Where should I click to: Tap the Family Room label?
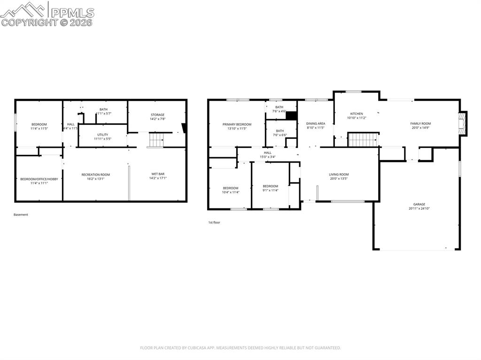420,123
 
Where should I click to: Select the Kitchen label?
357,114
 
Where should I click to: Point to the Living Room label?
339,174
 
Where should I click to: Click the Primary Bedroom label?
237,124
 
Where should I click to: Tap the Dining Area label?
316,123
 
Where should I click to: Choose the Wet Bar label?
158,174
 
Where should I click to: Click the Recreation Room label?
95,175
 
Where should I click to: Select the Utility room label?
102,135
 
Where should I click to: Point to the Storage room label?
157,115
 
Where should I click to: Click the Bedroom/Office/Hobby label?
39,179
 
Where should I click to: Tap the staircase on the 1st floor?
363,139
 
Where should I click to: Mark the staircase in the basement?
156,140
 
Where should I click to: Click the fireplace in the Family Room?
464,123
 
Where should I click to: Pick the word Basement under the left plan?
21,214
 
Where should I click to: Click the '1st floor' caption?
214,222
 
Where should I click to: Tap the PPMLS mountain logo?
23,10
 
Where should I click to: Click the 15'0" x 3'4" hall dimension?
267,157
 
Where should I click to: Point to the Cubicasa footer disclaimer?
240,348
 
